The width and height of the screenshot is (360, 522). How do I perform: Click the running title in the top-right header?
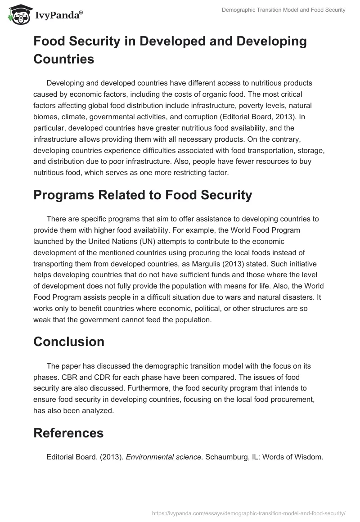pos(283,10)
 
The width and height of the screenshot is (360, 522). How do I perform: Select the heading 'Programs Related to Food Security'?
pos(143,195)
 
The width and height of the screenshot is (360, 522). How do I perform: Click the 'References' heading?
pos(68,433)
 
